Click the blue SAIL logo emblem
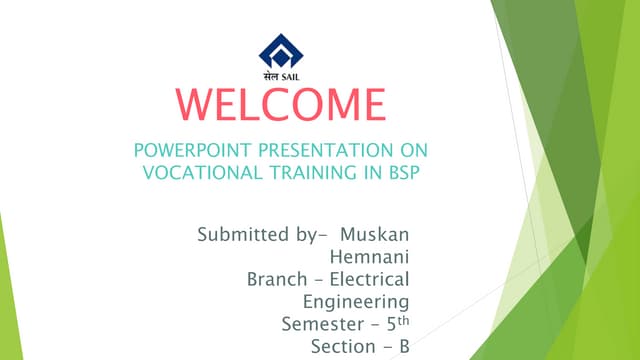(x=278, y=50)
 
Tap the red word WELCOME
(x=278, y=105)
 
